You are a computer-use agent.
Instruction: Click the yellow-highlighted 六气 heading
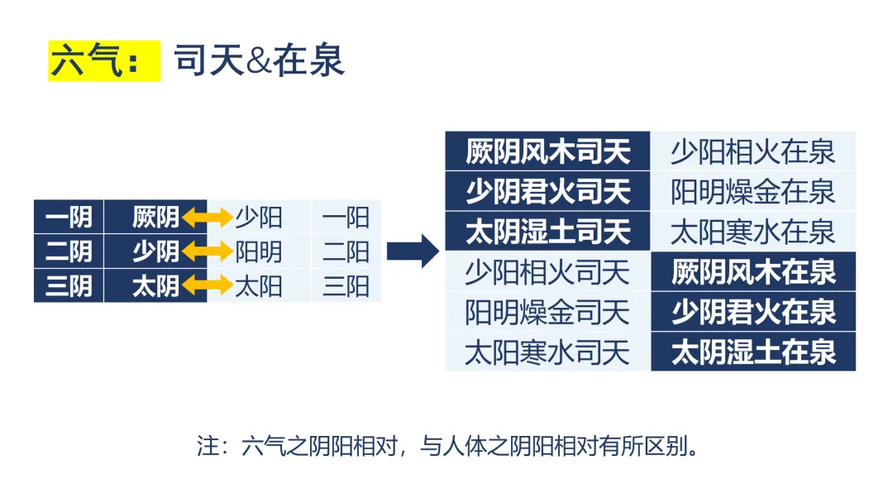(x=103, y=61)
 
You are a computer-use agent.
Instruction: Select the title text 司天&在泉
(x=259, y=61)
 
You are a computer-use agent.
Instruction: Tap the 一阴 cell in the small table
(x=69, y=217)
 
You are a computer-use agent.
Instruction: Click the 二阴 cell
(x=69, y=251)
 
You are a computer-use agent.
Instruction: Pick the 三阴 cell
(x=69, y=286)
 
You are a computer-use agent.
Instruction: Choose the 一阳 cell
(x=346, y=217)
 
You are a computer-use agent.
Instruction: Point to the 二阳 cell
(x=346, y=251)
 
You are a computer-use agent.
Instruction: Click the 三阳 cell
(x=346, y=286)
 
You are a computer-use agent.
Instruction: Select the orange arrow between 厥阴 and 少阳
(x=208, y=218)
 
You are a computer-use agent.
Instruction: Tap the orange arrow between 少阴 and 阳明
(x=208, y=251)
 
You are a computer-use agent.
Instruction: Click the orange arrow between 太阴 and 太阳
(x=208, y=286)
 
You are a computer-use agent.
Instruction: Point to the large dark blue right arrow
(x=413, y=251)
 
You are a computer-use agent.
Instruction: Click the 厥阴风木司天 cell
(x=547, y=151)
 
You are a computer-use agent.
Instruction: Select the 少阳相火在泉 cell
(x=752, y=151)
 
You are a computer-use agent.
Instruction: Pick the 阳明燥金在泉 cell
(x=752, y=192)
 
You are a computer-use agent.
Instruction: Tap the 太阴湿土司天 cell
(x=547, y=232)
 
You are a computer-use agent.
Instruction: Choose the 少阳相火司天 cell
(x=547, y=272)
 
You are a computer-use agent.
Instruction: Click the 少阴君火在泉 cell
(x=752, y=312)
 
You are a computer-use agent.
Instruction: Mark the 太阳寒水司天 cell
(x=547, y=352)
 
